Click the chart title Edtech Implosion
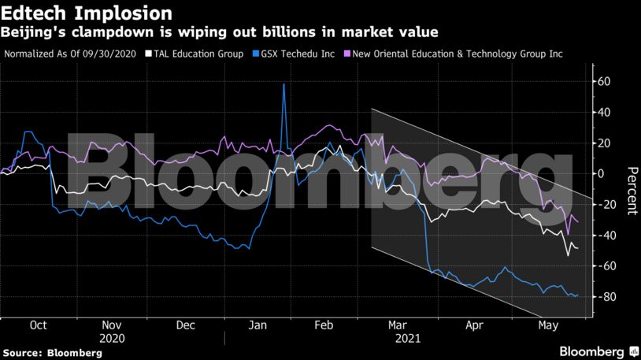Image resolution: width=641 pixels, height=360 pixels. pos(87,13)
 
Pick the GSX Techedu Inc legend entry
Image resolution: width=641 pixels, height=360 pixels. pos(292,54)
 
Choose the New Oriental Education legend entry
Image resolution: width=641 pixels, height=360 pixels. pos(460,54)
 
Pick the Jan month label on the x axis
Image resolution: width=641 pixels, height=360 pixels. pos(257,325)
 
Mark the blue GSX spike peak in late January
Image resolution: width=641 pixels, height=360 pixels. pos(283,84)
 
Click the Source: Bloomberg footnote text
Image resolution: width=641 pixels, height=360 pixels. pos(52,353)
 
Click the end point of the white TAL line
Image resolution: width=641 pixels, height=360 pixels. pos(577,248)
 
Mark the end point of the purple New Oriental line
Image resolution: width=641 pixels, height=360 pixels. pos(577,221)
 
